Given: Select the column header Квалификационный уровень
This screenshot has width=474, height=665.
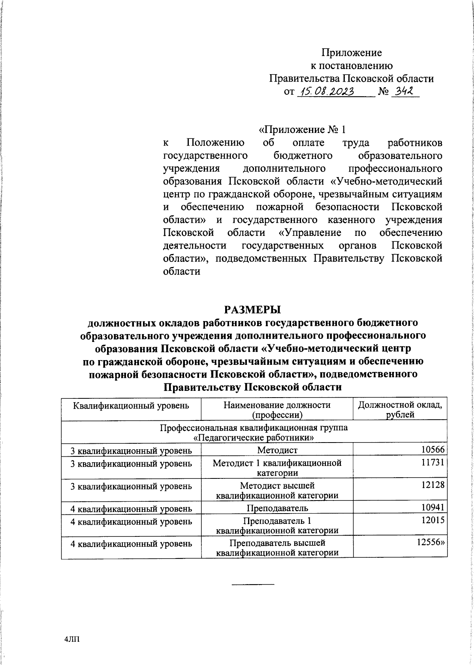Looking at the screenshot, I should coord(131,405).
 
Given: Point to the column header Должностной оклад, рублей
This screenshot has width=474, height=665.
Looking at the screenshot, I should coord(400,409).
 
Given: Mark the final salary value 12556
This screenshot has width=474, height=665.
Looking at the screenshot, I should coord(431,542).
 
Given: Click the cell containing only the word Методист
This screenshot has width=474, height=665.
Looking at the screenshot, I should coord(277,450).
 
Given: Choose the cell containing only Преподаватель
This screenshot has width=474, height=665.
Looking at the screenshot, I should coord(277,507).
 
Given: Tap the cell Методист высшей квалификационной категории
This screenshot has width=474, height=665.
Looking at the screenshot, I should coord(277,490).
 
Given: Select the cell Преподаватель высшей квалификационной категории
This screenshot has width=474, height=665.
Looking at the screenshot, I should coord(277,548).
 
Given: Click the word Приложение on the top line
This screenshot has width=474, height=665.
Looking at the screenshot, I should coord(352,52).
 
